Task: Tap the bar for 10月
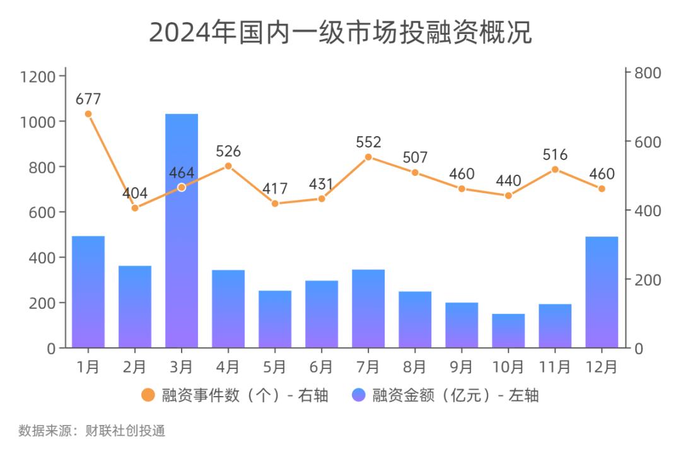(508, 330)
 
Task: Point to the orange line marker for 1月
(88, 114)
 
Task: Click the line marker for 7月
(368, 157)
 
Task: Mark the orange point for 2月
(135, 207)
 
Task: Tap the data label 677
(88, 99)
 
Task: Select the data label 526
(228, 151)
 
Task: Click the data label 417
(275, 189)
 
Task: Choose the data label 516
(555, 154)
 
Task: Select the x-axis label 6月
(322, 366)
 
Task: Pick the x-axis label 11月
(555, 366)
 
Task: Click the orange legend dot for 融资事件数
(148, 395)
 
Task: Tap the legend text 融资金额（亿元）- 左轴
(455, 395)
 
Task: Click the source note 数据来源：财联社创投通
(92, 431)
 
